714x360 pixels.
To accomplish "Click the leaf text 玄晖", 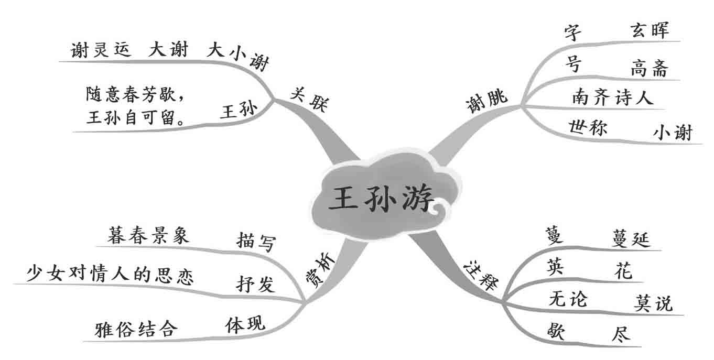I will tap(650, 30).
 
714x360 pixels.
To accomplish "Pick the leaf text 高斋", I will tap(650, 68).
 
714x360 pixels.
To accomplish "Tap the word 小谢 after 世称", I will tap(672, 133).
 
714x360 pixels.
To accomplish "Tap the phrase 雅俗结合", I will tap(136, 329).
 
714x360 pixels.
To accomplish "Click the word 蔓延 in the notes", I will tap(631, 239).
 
